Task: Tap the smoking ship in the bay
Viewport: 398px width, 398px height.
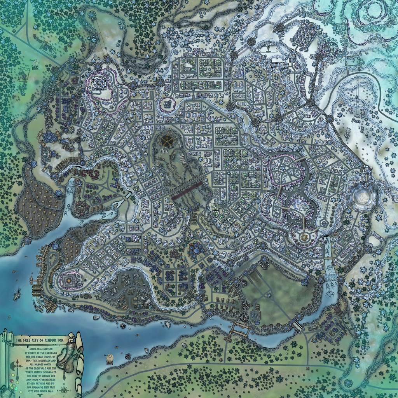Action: pos(17,295)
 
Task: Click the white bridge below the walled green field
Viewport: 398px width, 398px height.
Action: pos(298,326)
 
